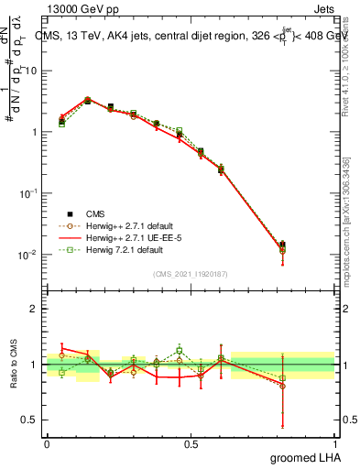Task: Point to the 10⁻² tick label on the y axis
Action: tap(28, 255)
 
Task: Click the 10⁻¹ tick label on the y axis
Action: tap(28, 193)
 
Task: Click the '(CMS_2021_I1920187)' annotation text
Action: tap(190, 272)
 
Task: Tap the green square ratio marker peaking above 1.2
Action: tap(180, 350)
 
